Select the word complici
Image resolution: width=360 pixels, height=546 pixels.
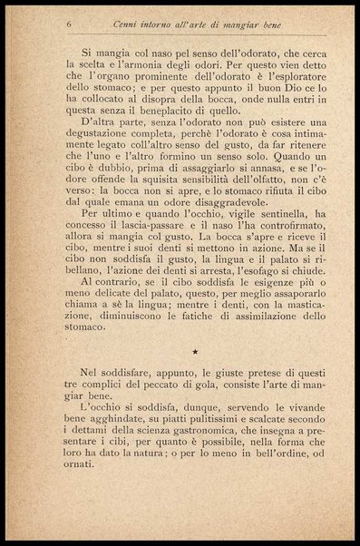click(x=88, y=424)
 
